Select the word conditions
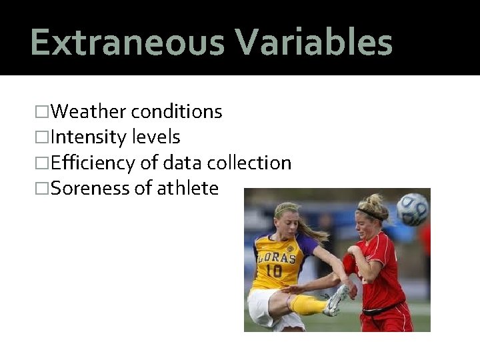tap(177, 111)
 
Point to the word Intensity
tap(90, 137)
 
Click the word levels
tap(157, 137)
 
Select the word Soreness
tap(91, 189)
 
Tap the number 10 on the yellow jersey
tap(273, 271)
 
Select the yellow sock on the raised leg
tap(309, 305)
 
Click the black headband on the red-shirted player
tap(371, 215)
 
